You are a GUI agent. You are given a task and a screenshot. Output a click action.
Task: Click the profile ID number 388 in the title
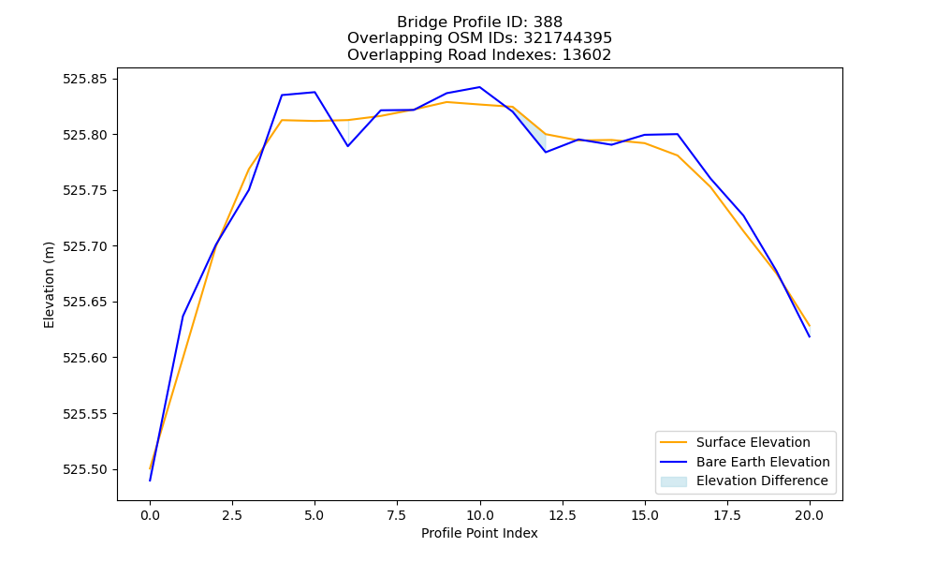point(548,22)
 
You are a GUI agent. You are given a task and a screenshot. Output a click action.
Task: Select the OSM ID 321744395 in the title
point(568,38)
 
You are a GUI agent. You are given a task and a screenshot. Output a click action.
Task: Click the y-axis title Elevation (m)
point(49,285)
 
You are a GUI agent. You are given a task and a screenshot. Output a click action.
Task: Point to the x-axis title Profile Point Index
point(479,533)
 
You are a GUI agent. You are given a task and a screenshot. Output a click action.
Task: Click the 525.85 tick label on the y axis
point(85,79)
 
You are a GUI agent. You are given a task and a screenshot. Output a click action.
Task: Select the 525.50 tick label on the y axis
point(85,470)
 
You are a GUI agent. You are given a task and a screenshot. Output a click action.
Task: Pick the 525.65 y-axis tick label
point(85,303)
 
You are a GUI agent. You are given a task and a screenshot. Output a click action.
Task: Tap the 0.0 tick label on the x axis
point(150,515)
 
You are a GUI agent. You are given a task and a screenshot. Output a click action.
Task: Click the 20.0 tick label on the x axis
point(810,515)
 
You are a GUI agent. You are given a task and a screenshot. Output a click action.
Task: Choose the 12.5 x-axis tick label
point(563,515)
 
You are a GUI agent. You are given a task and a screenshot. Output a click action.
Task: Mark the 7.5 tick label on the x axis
point(397,515)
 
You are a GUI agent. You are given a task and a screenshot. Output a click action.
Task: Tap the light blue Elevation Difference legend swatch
point(673,481)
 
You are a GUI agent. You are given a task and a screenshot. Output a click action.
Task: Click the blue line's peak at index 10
point(479,87)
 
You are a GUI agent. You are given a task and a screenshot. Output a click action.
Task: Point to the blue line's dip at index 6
point(348,146)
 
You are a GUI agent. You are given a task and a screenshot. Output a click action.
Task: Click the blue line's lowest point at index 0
point(150,481)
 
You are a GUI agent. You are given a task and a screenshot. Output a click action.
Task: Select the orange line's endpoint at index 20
point(810,326)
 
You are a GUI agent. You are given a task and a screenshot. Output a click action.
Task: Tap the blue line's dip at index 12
point(546,152)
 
